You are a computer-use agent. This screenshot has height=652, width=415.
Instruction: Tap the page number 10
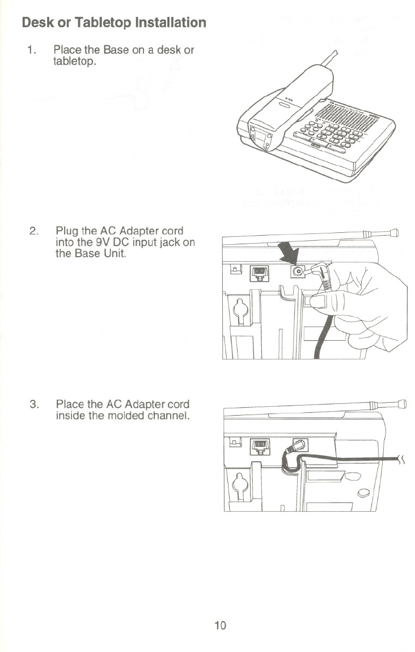coord(220,625)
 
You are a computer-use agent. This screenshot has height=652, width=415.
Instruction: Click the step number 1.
coord(32,51)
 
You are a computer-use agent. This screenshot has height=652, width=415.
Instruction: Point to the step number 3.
coord(33,405)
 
